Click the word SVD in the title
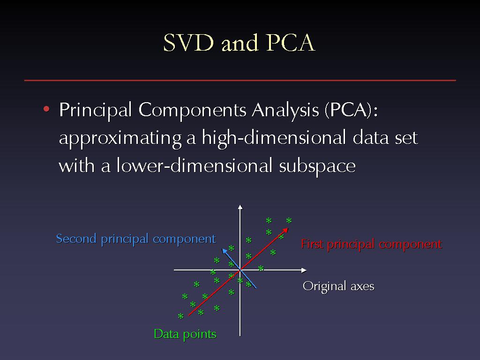click(188, 43)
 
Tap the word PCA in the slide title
click(290, 43)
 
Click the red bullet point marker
click(46, 109)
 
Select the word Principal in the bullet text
click(96, 110)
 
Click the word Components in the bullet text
click(192, 110)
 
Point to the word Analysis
click(285, 110)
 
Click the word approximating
click(120, 138)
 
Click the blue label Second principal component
click(136, 239)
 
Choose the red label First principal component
click(371, 244)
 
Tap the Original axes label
click(338, 286)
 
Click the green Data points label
click(185, 334)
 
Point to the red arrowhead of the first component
click(285, 231)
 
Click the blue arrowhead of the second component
click(225, 251)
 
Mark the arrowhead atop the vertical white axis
click(240, 207)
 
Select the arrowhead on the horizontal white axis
click(304, 270)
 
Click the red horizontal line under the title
click(240, 80)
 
